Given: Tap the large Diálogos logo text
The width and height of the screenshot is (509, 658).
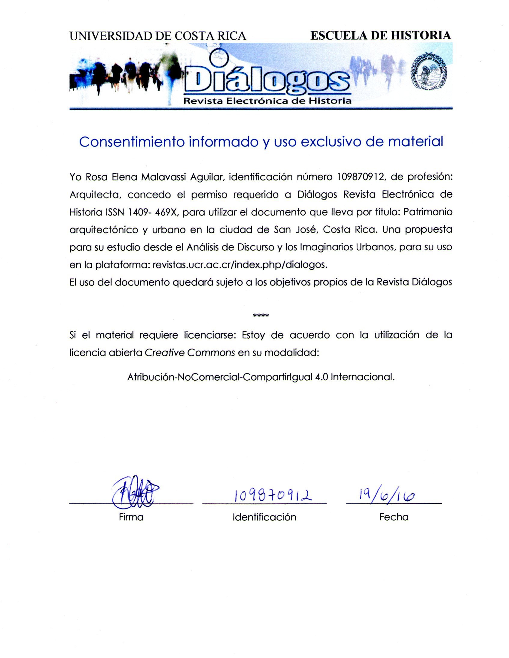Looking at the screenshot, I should (x=267, y=80).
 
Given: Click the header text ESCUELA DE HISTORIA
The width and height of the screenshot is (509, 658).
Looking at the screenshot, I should (x=380, y=35).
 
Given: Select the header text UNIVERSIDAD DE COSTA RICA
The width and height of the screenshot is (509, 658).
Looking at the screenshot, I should (x=158, y=36).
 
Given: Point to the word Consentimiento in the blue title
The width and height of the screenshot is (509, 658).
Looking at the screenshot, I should (x=132, y=142).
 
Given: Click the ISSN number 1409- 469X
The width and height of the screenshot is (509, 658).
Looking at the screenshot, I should (x=154, y=213).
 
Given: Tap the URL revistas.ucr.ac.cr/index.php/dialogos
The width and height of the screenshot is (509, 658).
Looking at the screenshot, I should (x=240, y=265).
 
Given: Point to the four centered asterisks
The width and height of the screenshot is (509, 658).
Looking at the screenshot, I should (x=261, y=315).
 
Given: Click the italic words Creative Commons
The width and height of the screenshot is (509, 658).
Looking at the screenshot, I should (x=190, y=352).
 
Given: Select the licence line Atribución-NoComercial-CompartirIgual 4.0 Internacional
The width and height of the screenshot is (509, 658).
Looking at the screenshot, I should (x=261, y=377).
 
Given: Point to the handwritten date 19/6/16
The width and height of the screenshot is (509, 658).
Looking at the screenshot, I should (x=387, y=495).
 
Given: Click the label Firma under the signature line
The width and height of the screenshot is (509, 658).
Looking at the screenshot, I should (x=131, y=517).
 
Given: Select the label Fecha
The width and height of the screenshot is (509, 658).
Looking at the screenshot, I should (x=394, y=517).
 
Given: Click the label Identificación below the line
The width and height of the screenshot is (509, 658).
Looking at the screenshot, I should (x=264, y=517).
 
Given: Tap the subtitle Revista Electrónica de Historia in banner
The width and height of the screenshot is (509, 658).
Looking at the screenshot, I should (x=267, y=101).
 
